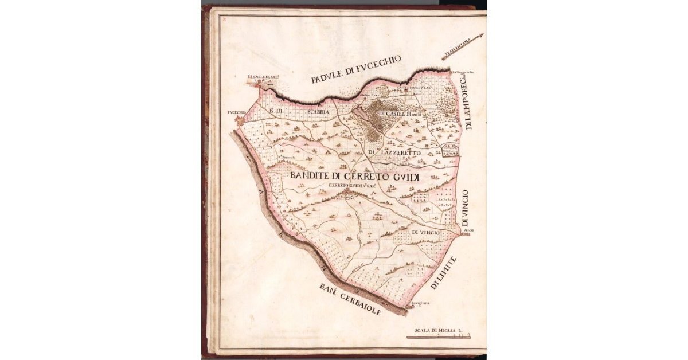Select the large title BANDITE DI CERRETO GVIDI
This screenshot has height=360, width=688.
(x=355, y=177)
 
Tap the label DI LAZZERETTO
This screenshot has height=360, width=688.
(x=394, y=153)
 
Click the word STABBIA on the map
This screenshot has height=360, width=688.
(x=317, y=112)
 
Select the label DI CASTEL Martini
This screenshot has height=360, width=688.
(x=400, y=114)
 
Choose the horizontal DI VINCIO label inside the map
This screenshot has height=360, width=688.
(x=425, y=232)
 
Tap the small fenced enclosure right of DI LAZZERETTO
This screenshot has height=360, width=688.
(x=451, y=151)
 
